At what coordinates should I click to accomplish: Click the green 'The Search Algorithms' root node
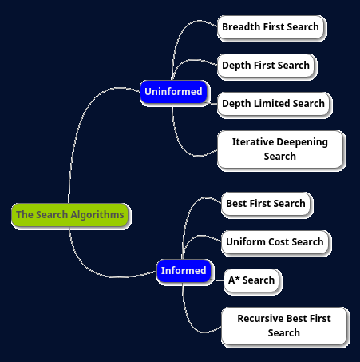(70, 215)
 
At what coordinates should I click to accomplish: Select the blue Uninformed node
(173, 92)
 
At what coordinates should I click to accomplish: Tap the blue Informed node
(184, 271)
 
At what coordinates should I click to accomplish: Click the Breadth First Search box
(271, 27)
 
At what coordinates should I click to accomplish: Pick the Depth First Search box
(266, 66)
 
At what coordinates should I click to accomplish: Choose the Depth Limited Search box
(274, 104)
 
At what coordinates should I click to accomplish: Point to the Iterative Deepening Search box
(280, 149)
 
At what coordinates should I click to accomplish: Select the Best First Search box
(266, 204)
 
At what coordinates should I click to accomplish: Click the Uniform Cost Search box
(275, 242)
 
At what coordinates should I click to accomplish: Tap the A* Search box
(251, 280)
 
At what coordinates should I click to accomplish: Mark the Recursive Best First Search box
(284, 326)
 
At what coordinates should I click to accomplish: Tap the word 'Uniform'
(246, 242)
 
